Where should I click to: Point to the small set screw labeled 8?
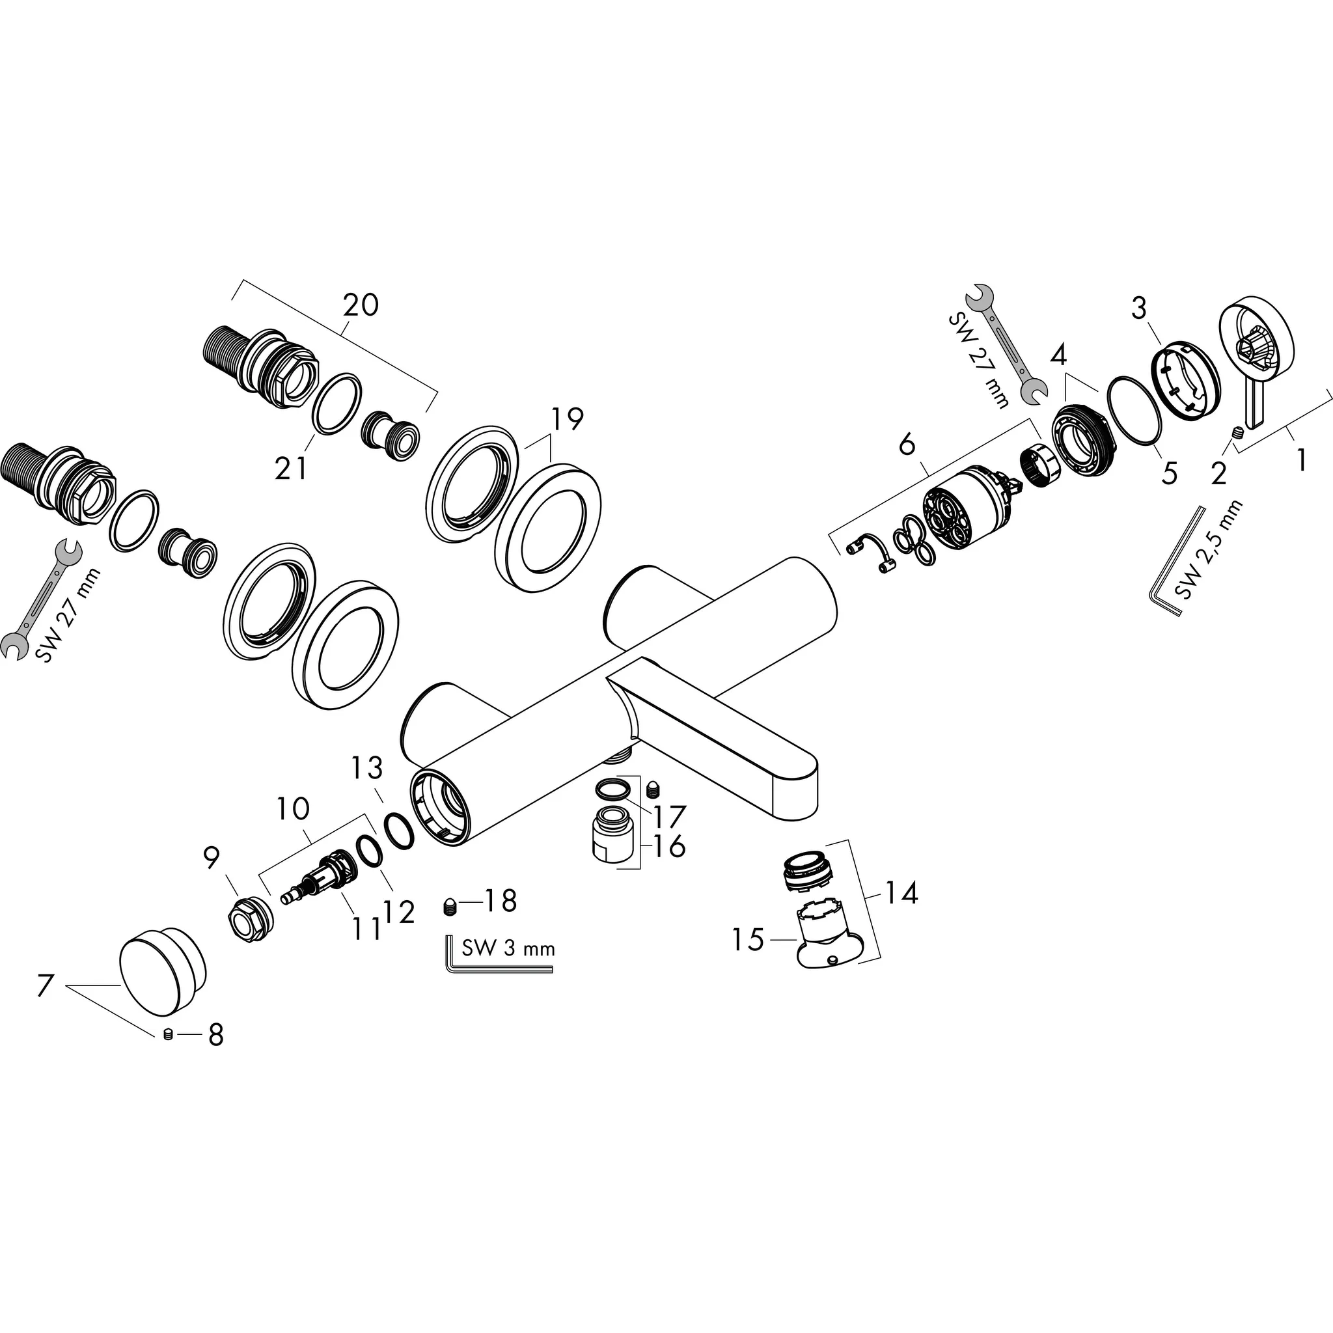[167, 1034]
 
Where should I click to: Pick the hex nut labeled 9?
[250, 918]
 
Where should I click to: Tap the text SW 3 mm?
[508, 949]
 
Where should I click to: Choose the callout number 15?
[748, 940]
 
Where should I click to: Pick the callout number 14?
[901, 894]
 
